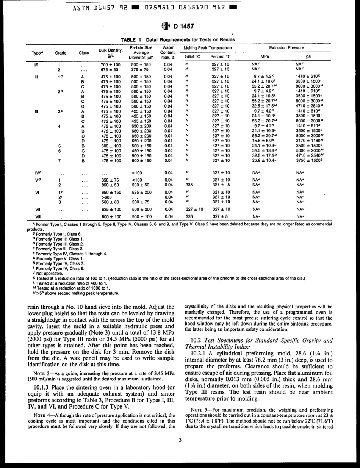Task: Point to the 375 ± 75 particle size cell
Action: click(x=141, y=69)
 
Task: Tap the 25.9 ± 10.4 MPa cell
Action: click(x=264, y=160)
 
